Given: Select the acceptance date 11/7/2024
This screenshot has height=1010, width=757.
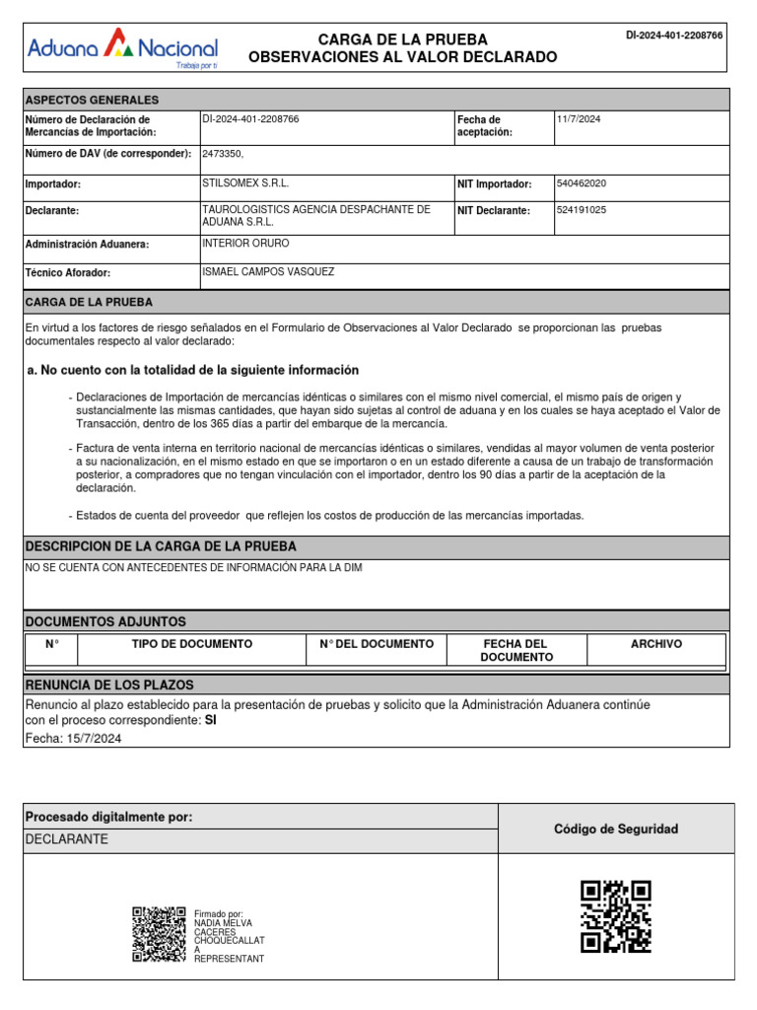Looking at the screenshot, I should [579, 119].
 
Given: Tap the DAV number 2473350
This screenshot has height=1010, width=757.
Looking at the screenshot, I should [223, 154].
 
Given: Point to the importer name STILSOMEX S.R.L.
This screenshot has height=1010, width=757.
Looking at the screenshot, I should [245, 183].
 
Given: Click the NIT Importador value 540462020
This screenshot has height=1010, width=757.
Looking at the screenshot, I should [582, 183].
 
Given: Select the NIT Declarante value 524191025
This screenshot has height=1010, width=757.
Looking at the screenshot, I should [582, 210].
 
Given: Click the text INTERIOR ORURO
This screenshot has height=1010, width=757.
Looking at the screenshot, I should [245, 243].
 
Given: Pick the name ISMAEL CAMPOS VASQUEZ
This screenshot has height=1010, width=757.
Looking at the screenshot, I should [268, 271].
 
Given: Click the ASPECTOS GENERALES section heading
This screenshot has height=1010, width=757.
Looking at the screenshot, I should [91, 100].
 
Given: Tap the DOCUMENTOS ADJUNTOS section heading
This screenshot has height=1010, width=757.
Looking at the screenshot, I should [104, 621].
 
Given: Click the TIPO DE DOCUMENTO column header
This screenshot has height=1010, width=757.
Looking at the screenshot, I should [192, 644].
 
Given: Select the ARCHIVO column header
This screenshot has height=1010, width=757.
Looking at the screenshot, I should [655, 644].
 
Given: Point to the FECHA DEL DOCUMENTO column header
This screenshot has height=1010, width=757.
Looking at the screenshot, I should [516, 650].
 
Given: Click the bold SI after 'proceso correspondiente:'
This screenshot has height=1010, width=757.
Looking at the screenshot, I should [209, 720].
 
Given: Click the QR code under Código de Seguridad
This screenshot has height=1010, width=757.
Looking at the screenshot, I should [616, 916].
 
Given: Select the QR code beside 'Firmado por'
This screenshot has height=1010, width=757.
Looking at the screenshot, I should [159, 934].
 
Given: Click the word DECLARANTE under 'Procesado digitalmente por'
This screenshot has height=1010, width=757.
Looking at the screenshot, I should [67, 839].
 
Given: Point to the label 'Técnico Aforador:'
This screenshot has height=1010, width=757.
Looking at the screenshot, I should [67, 273].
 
